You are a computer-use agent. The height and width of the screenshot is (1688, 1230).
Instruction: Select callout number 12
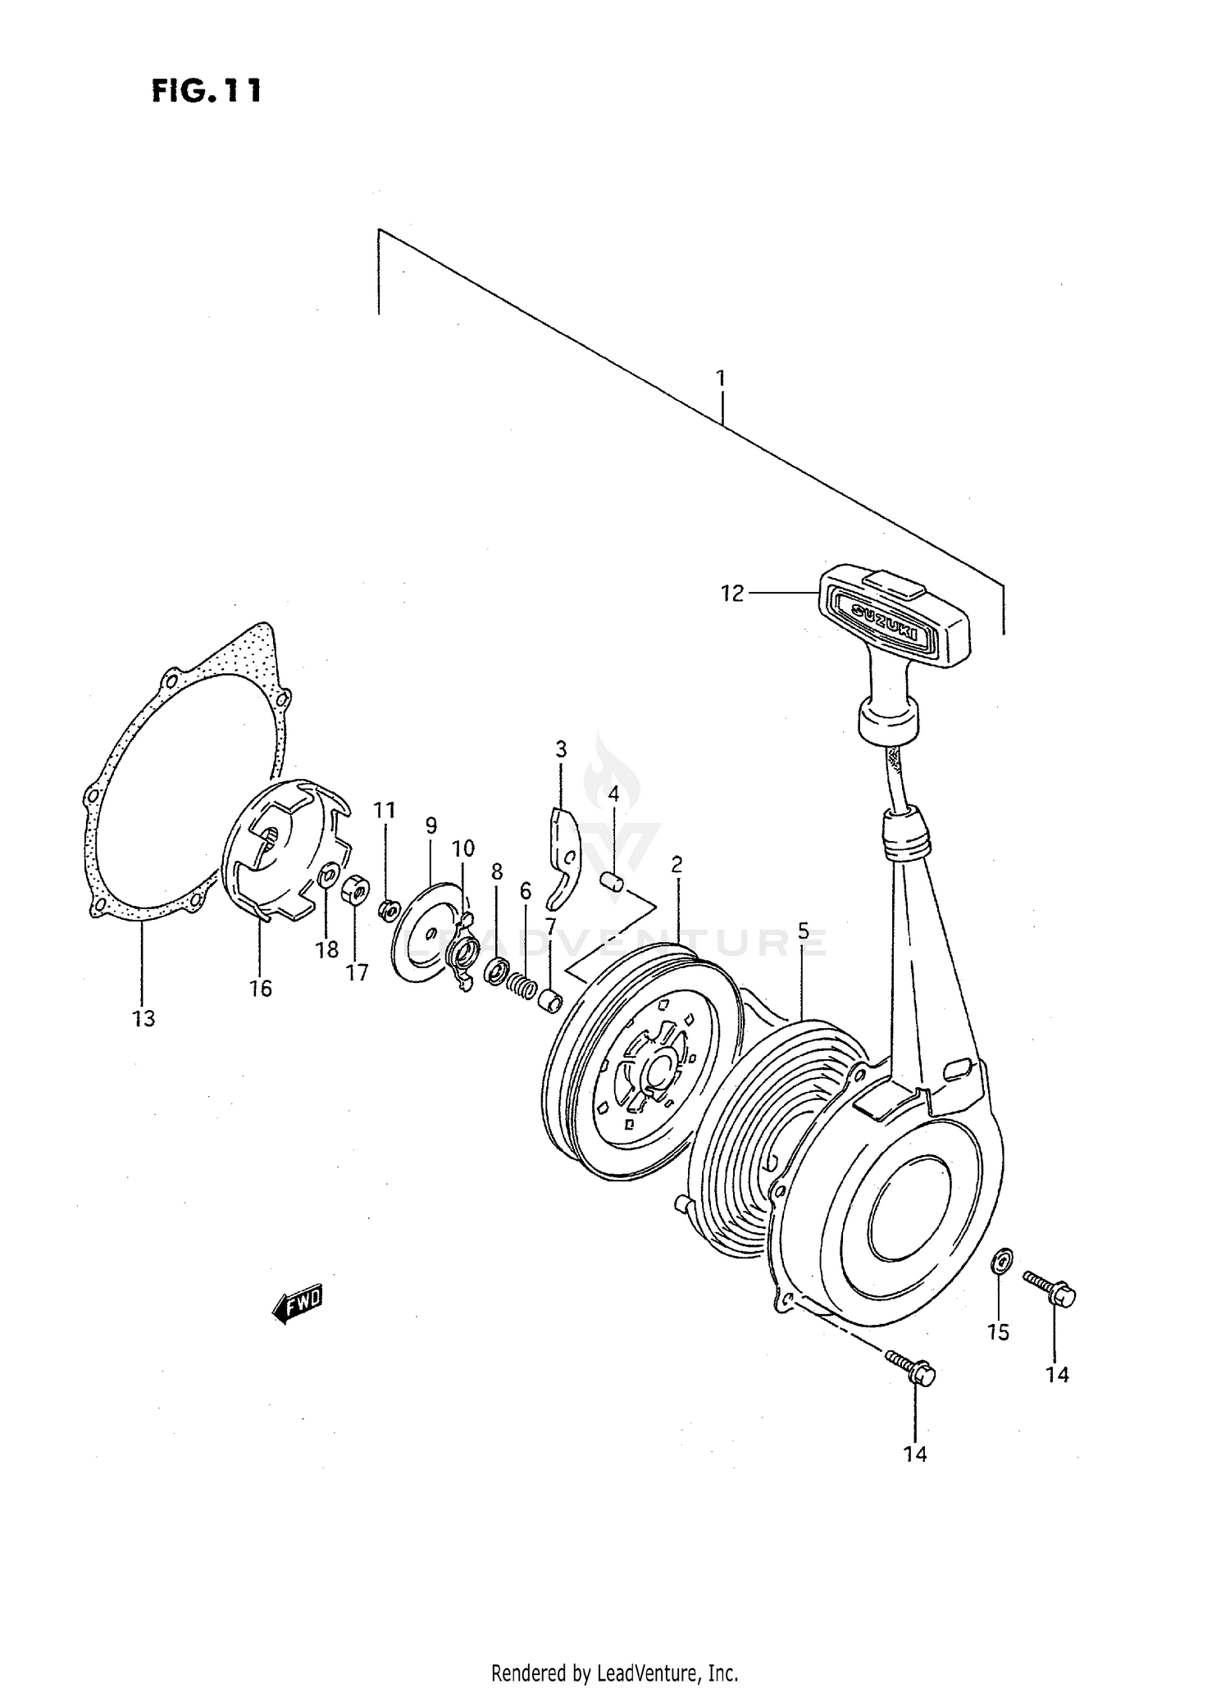(731, 594)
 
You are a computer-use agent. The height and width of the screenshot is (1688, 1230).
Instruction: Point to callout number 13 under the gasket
(143, 1019)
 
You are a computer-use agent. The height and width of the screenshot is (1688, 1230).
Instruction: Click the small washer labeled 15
(1000, 1261)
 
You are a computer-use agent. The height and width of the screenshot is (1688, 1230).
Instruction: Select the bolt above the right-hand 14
(1049, 1291)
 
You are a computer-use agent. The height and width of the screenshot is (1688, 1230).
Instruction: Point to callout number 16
(261, 989)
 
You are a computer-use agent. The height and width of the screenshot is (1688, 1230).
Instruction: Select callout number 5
(803, 930)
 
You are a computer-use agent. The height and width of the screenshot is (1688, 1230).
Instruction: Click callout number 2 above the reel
(676, 865)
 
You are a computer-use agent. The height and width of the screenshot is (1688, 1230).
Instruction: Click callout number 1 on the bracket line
(720, 379)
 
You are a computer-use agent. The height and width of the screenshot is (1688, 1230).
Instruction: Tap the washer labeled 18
(326, 877)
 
